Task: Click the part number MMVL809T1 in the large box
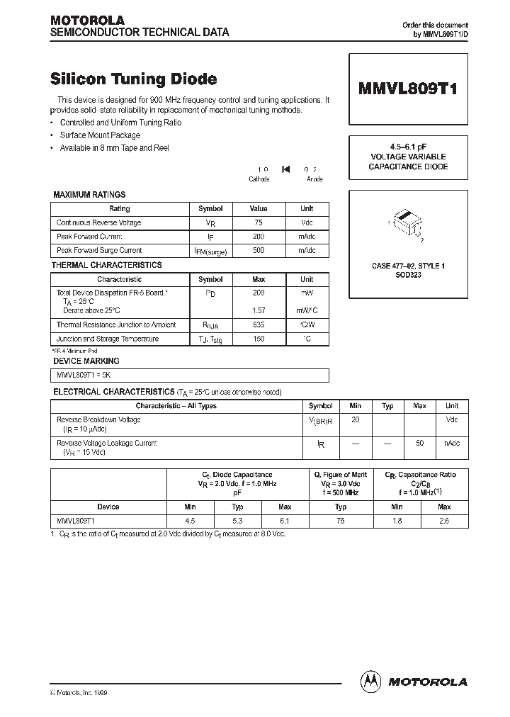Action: click(408, 90)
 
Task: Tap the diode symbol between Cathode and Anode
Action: click(285, 169)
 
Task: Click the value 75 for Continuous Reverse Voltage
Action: click(259, 222)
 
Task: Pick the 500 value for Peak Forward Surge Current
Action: click(259, 250)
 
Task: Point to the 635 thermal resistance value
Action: click(259, 324)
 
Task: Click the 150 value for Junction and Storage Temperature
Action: click(259, 339)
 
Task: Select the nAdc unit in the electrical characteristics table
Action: click(451, 443)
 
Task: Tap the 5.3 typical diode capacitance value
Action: click(237, 521)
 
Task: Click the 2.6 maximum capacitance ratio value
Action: click(444, 521)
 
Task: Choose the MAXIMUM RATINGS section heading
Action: click(90, 194)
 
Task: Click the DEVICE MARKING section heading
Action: click(86, 361)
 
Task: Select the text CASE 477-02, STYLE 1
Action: click(408, 266)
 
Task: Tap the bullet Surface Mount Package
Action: click(100, 135)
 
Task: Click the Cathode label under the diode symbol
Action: click(259, 179)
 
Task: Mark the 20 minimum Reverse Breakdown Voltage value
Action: click(355, 419)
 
